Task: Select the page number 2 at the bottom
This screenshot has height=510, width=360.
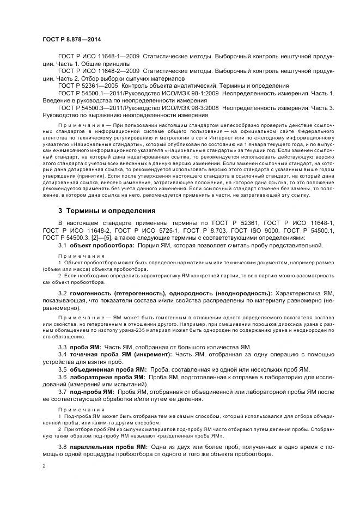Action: (44, 466)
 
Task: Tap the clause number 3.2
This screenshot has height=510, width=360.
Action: (63, 293)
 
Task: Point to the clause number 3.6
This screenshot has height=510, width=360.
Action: (63, 377)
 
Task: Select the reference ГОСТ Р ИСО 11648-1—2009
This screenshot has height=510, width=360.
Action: (99, 56)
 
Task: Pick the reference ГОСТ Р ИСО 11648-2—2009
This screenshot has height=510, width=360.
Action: (99, 71)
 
